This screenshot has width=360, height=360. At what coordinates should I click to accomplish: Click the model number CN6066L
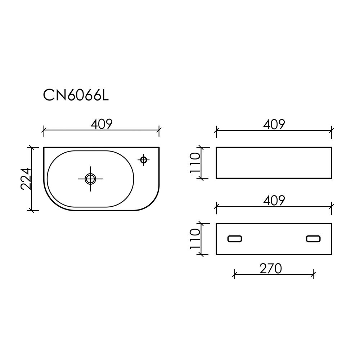pos(76,95)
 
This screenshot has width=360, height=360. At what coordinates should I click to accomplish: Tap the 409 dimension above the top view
pos(102,124)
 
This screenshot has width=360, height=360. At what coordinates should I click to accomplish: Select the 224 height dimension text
pos(26,179)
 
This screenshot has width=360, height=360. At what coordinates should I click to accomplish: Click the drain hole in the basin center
pos(90,179)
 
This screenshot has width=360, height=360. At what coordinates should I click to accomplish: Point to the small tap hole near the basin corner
pos(144,159)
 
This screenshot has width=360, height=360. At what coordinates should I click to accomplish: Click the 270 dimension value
pos(270,269)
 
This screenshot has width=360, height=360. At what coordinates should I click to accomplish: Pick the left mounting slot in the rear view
pos(235,239)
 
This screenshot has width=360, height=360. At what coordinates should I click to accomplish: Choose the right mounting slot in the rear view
pos(313,239)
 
